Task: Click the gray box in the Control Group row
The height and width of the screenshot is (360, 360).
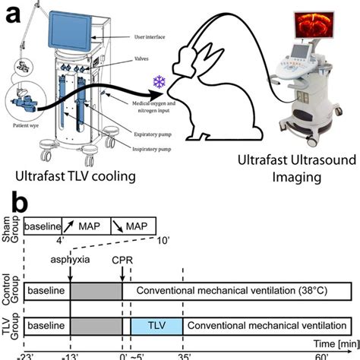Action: pyautogui.click(x=96, y=291)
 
